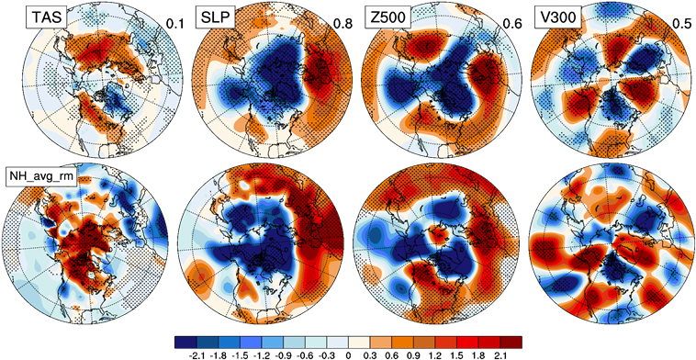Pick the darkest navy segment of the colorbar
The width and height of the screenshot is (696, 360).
click(185, 343)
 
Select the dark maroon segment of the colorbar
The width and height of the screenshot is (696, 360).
click(511, 343)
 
